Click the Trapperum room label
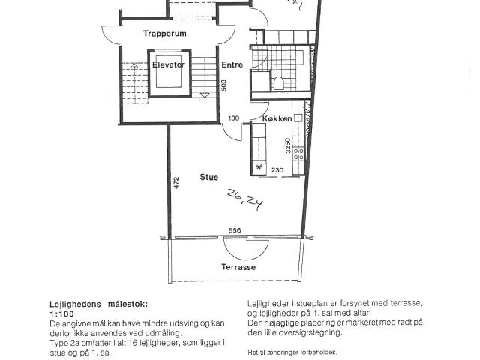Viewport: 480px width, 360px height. (165, 33)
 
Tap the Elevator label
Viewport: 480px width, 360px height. (168, 64)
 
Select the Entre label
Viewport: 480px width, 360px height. (232, 64)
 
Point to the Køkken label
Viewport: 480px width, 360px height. (277, 118)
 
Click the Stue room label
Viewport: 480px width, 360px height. (209, 177)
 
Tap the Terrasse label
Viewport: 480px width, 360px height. (238, 267)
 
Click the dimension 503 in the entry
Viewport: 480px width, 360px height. (223, 85)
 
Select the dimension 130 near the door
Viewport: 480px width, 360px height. (234, 118)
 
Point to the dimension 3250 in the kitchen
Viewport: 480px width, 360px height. (288, 145)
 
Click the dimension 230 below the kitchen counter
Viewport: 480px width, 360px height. (277, 170)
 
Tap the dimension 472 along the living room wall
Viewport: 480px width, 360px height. (176, 183)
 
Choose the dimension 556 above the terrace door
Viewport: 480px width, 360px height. (235, 230)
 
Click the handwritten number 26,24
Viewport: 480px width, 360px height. (245, 199)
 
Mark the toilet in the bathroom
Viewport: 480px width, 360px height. (278, 82)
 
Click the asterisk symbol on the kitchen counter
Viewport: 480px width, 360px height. (259, 167)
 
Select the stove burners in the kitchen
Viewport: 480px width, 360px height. (298, 154)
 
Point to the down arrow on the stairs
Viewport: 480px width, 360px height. (205, 95)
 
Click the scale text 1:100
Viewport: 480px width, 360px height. (61, 313)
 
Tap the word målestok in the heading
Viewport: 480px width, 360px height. (127, 304)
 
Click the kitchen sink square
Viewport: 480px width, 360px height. (298, 118)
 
